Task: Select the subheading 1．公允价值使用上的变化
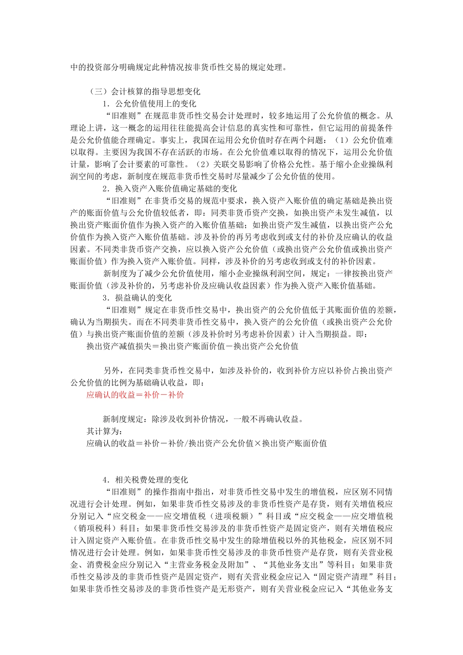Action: [149, 104]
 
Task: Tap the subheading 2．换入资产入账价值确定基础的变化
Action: [170, 189]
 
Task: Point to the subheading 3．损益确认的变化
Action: [137, 298]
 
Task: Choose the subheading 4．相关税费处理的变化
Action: [145, 480]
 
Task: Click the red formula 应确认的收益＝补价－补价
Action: [135, 395]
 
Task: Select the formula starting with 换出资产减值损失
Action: [193, 347]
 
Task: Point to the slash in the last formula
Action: [186, 443]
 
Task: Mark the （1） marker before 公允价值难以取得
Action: [340, 140]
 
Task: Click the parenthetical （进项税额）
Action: [234, 516]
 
